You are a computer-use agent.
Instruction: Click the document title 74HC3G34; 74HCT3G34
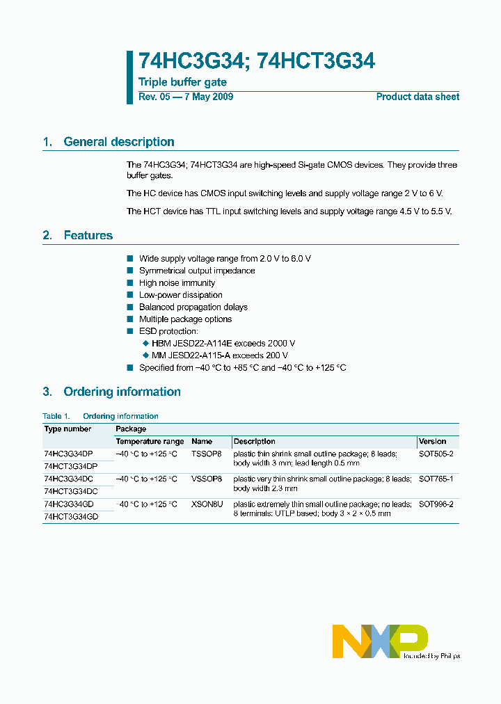click(x=257, y=62)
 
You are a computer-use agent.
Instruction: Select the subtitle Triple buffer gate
click(x=182, y=83)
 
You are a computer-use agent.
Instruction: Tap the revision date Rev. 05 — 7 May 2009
click(x=186, y=97)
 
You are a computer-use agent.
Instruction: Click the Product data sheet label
click(x=417, y=97)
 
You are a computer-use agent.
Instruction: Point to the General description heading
click(x=118, y=142)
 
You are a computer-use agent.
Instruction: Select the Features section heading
click(x=88, y=236)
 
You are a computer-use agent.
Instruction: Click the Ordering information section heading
click(x=122, y=392)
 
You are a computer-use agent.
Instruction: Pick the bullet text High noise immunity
click(x=177, y=283)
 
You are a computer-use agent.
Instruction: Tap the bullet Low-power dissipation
click(x=180, y=295)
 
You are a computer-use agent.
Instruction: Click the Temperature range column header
click(x=150, y=442)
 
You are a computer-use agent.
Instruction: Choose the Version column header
click(x=433, y=442)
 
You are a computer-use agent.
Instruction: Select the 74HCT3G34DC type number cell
click(x=70, y=491)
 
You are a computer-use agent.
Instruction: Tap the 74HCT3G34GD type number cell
click(x=71, y=517)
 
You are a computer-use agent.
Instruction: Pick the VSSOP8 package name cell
click(x=207, y=479)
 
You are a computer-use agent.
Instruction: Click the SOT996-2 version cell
click(x=436, y=504)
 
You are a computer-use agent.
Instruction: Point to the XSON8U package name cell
click(x=207, y=504)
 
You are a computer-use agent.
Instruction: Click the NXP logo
click(x=379, y=641)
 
